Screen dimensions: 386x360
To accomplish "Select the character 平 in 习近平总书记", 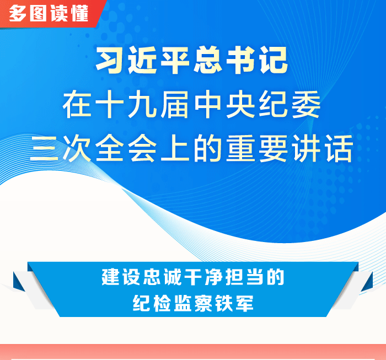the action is (175, 60).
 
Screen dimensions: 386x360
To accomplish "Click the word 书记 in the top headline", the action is (257, 60).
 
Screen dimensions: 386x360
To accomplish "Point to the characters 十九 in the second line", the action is (126, 104).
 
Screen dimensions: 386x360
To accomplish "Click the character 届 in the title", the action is (175, 104).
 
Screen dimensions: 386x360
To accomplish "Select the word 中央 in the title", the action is (224, 104).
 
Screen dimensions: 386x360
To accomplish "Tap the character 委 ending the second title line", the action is (306, 104).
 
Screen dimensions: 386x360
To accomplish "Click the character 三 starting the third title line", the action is (44, 148).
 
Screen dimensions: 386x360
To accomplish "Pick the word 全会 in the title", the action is (126, 148).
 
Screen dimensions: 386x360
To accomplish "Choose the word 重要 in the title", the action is (257, 148).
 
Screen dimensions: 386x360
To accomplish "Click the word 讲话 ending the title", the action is (322, 148).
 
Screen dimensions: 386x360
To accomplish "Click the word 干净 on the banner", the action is (203, 277).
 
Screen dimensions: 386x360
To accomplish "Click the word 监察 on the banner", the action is (193, 303).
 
